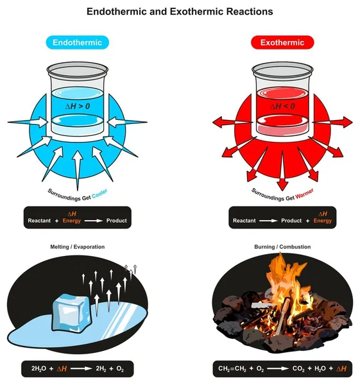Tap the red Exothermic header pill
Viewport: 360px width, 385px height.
pos(282,42)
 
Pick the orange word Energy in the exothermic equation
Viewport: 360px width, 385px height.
pos(323,221)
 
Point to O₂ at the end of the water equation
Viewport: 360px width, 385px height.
pos(119,369)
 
